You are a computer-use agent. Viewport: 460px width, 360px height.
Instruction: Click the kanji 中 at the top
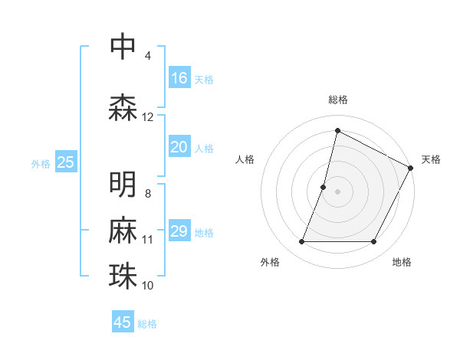click(123, 47)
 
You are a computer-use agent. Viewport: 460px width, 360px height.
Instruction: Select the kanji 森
click(123, 108)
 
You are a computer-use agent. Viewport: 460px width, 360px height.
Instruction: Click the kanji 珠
click(123, 277)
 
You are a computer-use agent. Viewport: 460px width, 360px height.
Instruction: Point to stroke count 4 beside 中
click(148, 56)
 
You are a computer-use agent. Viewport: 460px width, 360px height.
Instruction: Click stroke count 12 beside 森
click(148, 117)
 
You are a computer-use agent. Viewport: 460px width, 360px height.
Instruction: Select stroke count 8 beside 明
click(148, 194)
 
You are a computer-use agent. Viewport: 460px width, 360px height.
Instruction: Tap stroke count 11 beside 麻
click(148, 240)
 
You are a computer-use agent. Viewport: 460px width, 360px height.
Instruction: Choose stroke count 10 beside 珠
click(148, 286)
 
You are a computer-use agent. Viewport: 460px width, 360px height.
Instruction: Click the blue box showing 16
click(179, 78)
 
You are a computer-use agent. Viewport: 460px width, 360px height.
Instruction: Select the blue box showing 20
click(179, 147)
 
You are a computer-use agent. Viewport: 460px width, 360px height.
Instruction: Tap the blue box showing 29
click(179, 231)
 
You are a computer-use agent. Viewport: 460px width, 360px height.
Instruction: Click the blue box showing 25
click(66, 162)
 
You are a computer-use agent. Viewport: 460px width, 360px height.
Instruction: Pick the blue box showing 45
click(123, 322)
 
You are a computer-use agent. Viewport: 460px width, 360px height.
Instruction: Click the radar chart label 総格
click(337, 100)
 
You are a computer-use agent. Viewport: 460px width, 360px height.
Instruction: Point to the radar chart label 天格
click(431, 159)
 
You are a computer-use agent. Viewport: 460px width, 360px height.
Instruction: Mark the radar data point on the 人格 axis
click(324, 187)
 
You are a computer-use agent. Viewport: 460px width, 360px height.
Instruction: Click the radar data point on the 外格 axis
click(301, 242)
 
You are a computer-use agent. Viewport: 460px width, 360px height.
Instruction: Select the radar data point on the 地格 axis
click(374, 242)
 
